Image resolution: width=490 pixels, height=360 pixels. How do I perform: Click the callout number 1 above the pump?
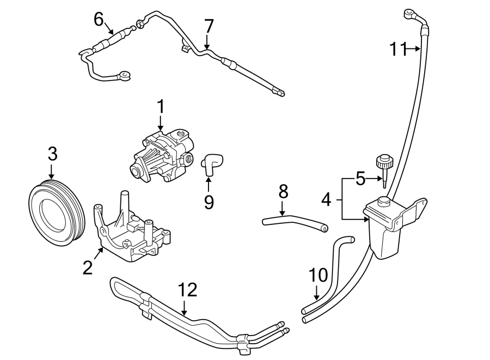161,106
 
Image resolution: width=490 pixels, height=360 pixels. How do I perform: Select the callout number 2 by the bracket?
88,267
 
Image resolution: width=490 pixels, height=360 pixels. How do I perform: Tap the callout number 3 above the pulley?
52,154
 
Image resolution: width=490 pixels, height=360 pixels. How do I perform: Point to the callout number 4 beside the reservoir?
326,199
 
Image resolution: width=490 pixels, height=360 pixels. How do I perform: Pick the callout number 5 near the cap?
360,179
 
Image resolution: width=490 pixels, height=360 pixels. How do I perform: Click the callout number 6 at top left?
99,19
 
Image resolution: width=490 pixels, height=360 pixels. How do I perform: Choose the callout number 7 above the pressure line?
209,26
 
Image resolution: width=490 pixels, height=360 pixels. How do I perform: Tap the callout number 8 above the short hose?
283,191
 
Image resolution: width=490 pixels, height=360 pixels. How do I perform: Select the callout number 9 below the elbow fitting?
209,202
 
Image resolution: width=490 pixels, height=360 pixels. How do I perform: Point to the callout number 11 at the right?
398,49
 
